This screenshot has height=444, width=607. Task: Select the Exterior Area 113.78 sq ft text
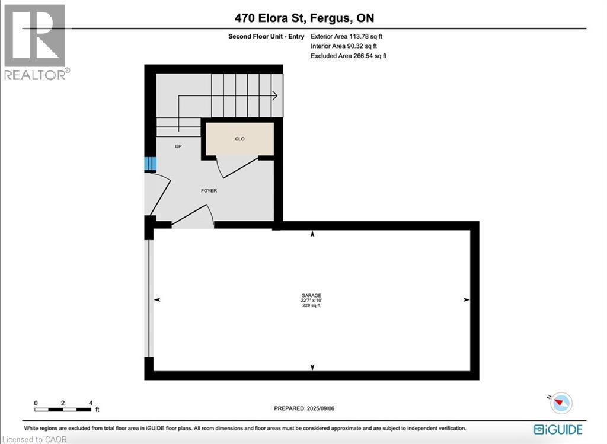tap(351, 36)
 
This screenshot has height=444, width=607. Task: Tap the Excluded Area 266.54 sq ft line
tap(349, 56)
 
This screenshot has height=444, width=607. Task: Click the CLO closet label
tap(239, 139)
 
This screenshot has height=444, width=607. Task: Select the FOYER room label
tap(209, 191)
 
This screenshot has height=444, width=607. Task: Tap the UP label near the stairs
tap(178, 146)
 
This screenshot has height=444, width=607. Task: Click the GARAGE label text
tap(311, 295)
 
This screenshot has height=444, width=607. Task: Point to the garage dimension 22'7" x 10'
tap(311, 301)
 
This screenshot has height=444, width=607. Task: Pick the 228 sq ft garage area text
tap(311, 306)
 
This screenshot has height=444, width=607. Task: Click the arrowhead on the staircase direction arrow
tap(275, 95)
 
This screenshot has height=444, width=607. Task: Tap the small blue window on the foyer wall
tap(151, 164)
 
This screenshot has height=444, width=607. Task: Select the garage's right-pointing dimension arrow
tap(466, 301)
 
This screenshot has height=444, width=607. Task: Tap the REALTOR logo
tap(35, 41)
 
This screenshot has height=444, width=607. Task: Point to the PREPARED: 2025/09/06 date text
tap(308, 408)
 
